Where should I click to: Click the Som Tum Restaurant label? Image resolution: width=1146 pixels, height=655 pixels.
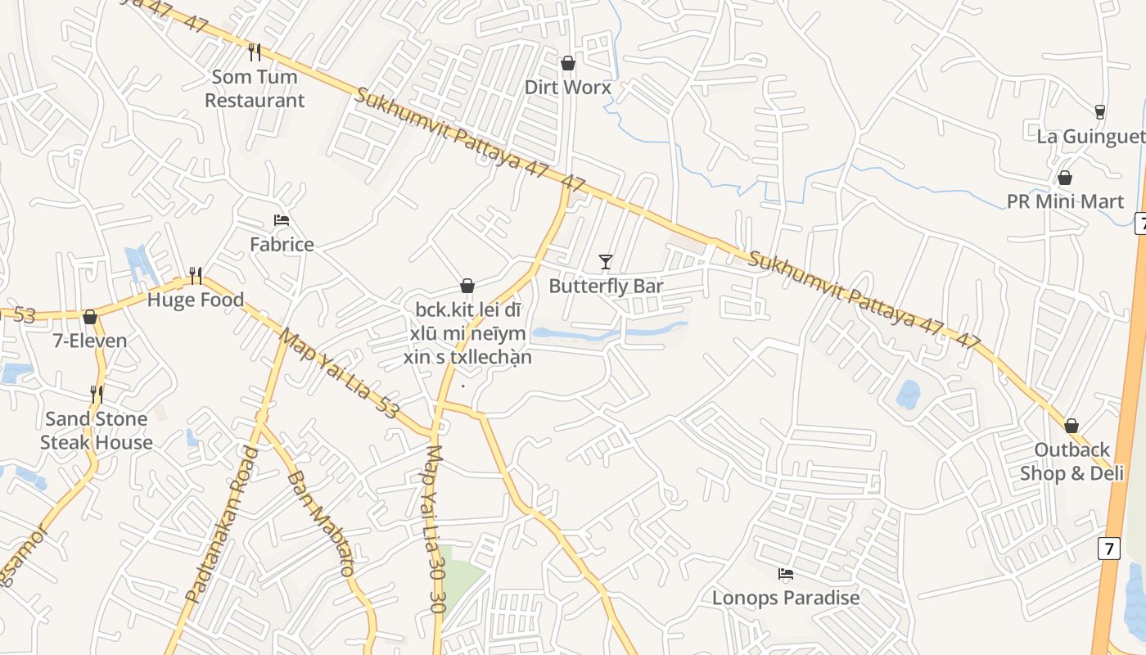(x=255, y=88)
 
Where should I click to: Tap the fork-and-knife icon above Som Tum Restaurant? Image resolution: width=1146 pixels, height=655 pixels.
(x=255, y=52)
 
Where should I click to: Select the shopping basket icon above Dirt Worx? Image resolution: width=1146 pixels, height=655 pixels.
(x=568, y=63)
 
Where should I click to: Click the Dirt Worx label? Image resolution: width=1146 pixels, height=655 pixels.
(x=568, y=87)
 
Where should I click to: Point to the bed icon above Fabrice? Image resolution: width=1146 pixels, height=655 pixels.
(x=282, y=220)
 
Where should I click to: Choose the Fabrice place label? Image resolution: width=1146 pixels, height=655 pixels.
(x=282, y=244)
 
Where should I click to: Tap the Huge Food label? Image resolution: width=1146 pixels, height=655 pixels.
(x=196, y=300)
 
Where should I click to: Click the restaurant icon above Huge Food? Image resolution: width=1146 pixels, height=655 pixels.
(x=196, y=275)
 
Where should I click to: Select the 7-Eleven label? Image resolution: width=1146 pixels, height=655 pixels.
(x=90, y=341)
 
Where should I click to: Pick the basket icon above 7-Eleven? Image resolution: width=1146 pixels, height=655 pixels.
(x=90, y=317)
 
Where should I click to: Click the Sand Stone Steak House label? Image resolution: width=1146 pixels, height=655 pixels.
(x=97, y=431)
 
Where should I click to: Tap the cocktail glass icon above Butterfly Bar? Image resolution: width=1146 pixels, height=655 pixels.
(x=606, y=262)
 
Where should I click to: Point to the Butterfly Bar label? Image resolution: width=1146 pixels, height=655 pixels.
(x=606, y=286)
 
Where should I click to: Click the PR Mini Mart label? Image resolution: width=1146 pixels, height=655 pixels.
(x=1065, y=201)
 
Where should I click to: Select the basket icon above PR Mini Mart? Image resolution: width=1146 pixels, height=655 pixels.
(x=1065, y=178)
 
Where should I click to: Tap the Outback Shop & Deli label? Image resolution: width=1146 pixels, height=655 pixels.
(x=1072, y=462)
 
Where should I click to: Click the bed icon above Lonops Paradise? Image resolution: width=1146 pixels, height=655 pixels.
(x=786, y=574)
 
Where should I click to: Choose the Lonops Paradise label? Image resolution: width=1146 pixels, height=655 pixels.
(x=786, y=598)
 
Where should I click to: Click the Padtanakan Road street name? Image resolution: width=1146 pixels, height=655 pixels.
(x=222, y=525)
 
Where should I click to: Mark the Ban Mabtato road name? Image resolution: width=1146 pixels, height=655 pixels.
(x=320, y=524)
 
